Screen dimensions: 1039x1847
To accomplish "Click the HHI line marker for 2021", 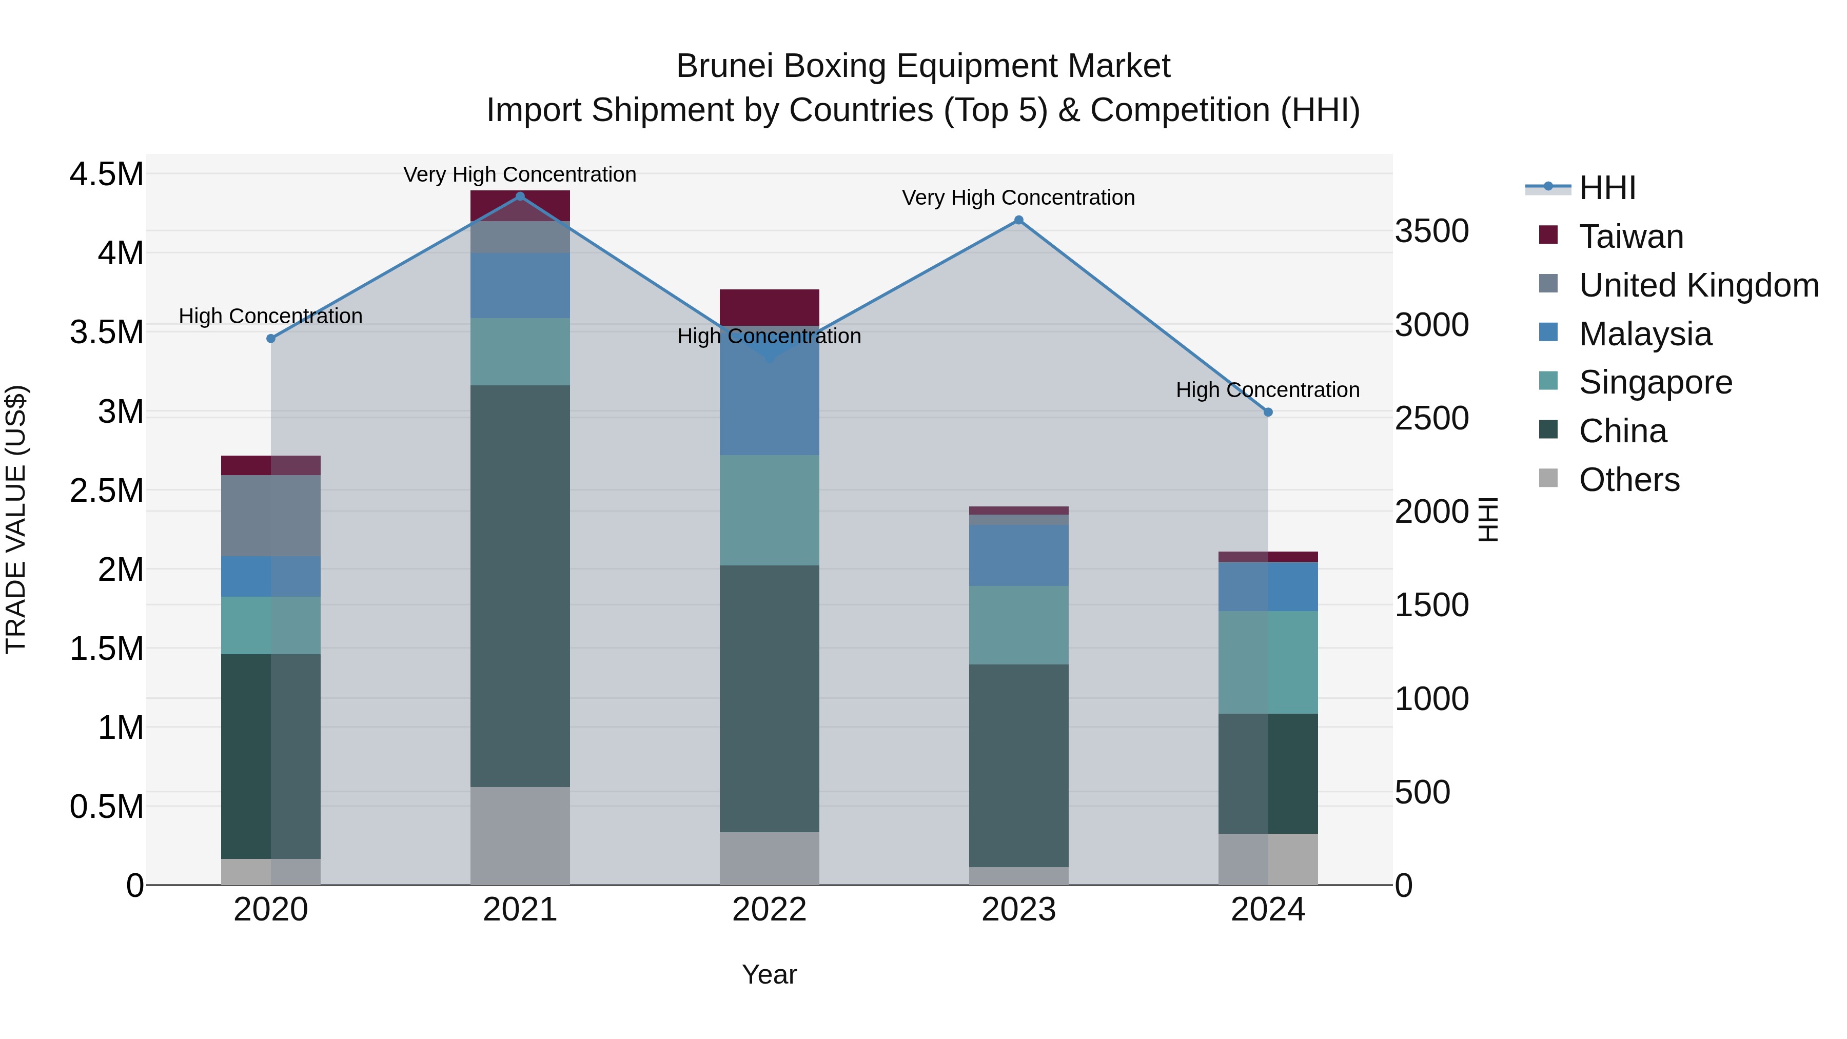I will click(520, 197).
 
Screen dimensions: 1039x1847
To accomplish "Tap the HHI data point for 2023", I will click(1018, 220).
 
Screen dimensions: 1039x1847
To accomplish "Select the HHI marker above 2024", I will click(1268, 413).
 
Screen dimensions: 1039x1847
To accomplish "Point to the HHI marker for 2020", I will click(271, 339).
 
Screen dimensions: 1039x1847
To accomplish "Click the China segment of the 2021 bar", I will click(520, 586).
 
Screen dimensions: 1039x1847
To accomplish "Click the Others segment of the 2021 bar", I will click(520, 835).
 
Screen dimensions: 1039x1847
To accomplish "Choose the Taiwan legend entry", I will click(1630, 237).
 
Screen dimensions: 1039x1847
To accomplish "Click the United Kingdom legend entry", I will click(1698, 285).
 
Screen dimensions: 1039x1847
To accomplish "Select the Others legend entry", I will click(1628, 480).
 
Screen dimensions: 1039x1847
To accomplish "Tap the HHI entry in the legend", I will click(1607, 188).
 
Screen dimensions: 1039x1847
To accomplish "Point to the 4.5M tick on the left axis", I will click(106, 174).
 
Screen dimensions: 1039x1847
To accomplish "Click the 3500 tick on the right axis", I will click(1431, 231).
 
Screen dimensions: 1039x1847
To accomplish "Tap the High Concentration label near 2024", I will click(1268, 390).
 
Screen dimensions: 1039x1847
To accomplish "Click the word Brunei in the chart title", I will click(723, 66).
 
